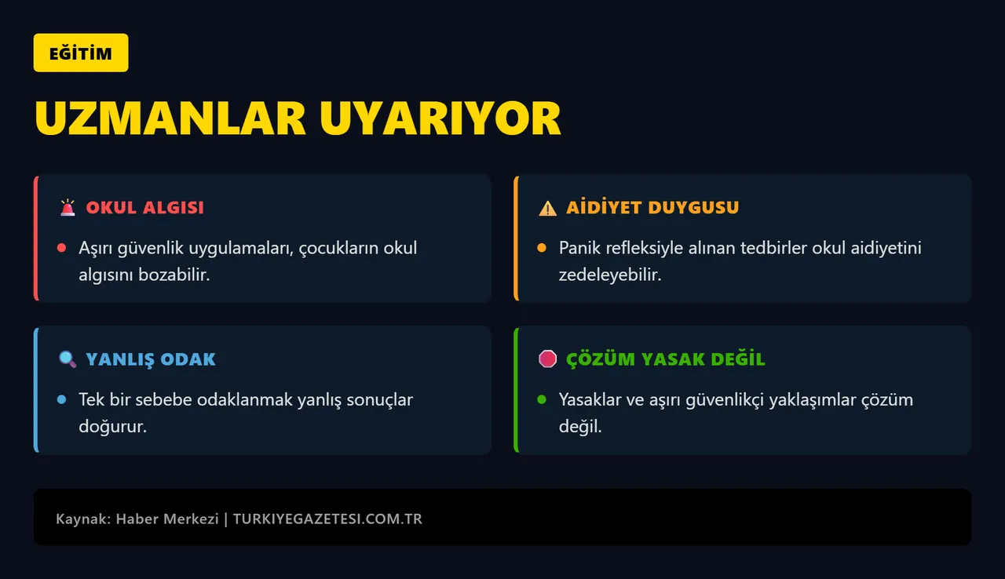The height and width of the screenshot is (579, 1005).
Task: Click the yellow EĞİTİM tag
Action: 80,53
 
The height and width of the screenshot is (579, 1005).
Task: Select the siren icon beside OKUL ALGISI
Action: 68,208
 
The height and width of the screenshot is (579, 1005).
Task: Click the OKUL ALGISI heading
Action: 144,208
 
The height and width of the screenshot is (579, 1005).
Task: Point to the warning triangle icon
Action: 547,208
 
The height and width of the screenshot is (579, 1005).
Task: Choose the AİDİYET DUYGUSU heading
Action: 652,208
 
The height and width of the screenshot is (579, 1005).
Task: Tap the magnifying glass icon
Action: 68,359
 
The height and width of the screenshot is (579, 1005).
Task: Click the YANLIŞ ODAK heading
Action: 151,359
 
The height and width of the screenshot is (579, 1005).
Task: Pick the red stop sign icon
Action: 547,359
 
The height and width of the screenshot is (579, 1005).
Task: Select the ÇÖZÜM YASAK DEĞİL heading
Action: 666,359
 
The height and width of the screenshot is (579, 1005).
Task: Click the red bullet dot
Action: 61,249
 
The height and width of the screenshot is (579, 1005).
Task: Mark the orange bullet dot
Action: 542,249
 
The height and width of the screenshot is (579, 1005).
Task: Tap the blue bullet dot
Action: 61,400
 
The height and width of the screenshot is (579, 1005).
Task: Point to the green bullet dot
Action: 542,400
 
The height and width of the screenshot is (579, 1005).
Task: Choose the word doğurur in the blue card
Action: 113,428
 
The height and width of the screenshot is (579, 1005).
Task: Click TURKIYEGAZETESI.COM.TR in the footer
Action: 327,519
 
